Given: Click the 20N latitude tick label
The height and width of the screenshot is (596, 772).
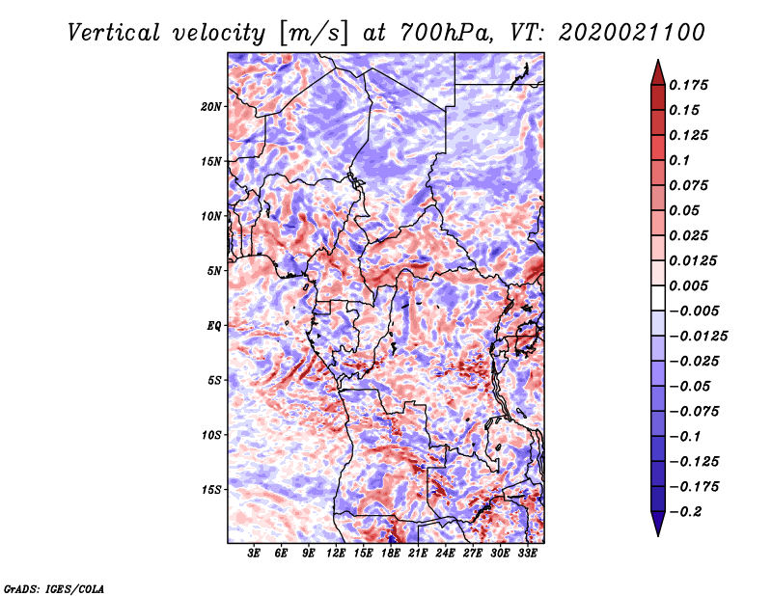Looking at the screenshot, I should pos(211,106).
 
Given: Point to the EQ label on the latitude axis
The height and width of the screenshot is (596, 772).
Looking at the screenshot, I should pos(214,326).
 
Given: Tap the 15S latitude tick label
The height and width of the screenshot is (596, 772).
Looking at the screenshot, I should pos(211,490).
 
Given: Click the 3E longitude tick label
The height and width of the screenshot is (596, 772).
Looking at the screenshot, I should pos(255,554).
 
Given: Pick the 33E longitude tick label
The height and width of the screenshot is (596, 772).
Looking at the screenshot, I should pos(527,554).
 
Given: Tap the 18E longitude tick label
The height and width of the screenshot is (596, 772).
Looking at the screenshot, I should pos(391,554).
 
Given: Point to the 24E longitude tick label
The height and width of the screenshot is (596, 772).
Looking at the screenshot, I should pos(445,554).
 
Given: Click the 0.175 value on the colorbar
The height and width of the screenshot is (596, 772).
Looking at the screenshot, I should pos(690,85).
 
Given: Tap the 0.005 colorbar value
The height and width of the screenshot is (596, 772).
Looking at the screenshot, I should pos(690,285).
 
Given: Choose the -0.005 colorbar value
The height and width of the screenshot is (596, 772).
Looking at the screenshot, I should pos(694,311).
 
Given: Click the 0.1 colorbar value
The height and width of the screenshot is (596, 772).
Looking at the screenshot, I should pos(680,160).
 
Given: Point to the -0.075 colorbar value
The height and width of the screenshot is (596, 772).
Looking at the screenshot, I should pos(694,411).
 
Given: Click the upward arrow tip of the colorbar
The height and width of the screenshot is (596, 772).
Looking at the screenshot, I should pos(656,63).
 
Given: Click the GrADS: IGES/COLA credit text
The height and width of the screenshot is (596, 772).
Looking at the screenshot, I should pos(53,586).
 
